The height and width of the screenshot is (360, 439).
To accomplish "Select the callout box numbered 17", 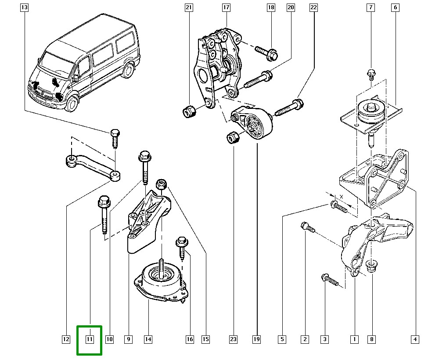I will pyautogui.click(x=226, y=7).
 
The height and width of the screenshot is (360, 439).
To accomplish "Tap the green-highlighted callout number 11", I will pyautogui.click(x=90, y=339).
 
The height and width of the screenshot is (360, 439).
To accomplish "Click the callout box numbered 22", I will pyautogui.click(x=313, y=7).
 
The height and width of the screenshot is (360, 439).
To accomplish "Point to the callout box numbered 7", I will pyautogui.click(x=371, y=7).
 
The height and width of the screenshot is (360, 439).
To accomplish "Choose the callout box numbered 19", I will pyautogui.click(x=257, y=339).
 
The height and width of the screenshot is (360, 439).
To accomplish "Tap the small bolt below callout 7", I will pyautogui.click(x=371, y=74).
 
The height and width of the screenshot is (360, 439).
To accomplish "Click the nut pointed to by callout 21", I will pyautogui.click(x=189, y=112).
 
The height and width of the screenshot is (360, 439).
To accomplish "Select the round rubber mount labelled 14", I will pyautogui.click(x=161, y=281).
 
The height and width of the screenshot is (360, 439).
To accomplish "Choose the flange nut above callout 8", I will pyautogui.click(x=371, y=265).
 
